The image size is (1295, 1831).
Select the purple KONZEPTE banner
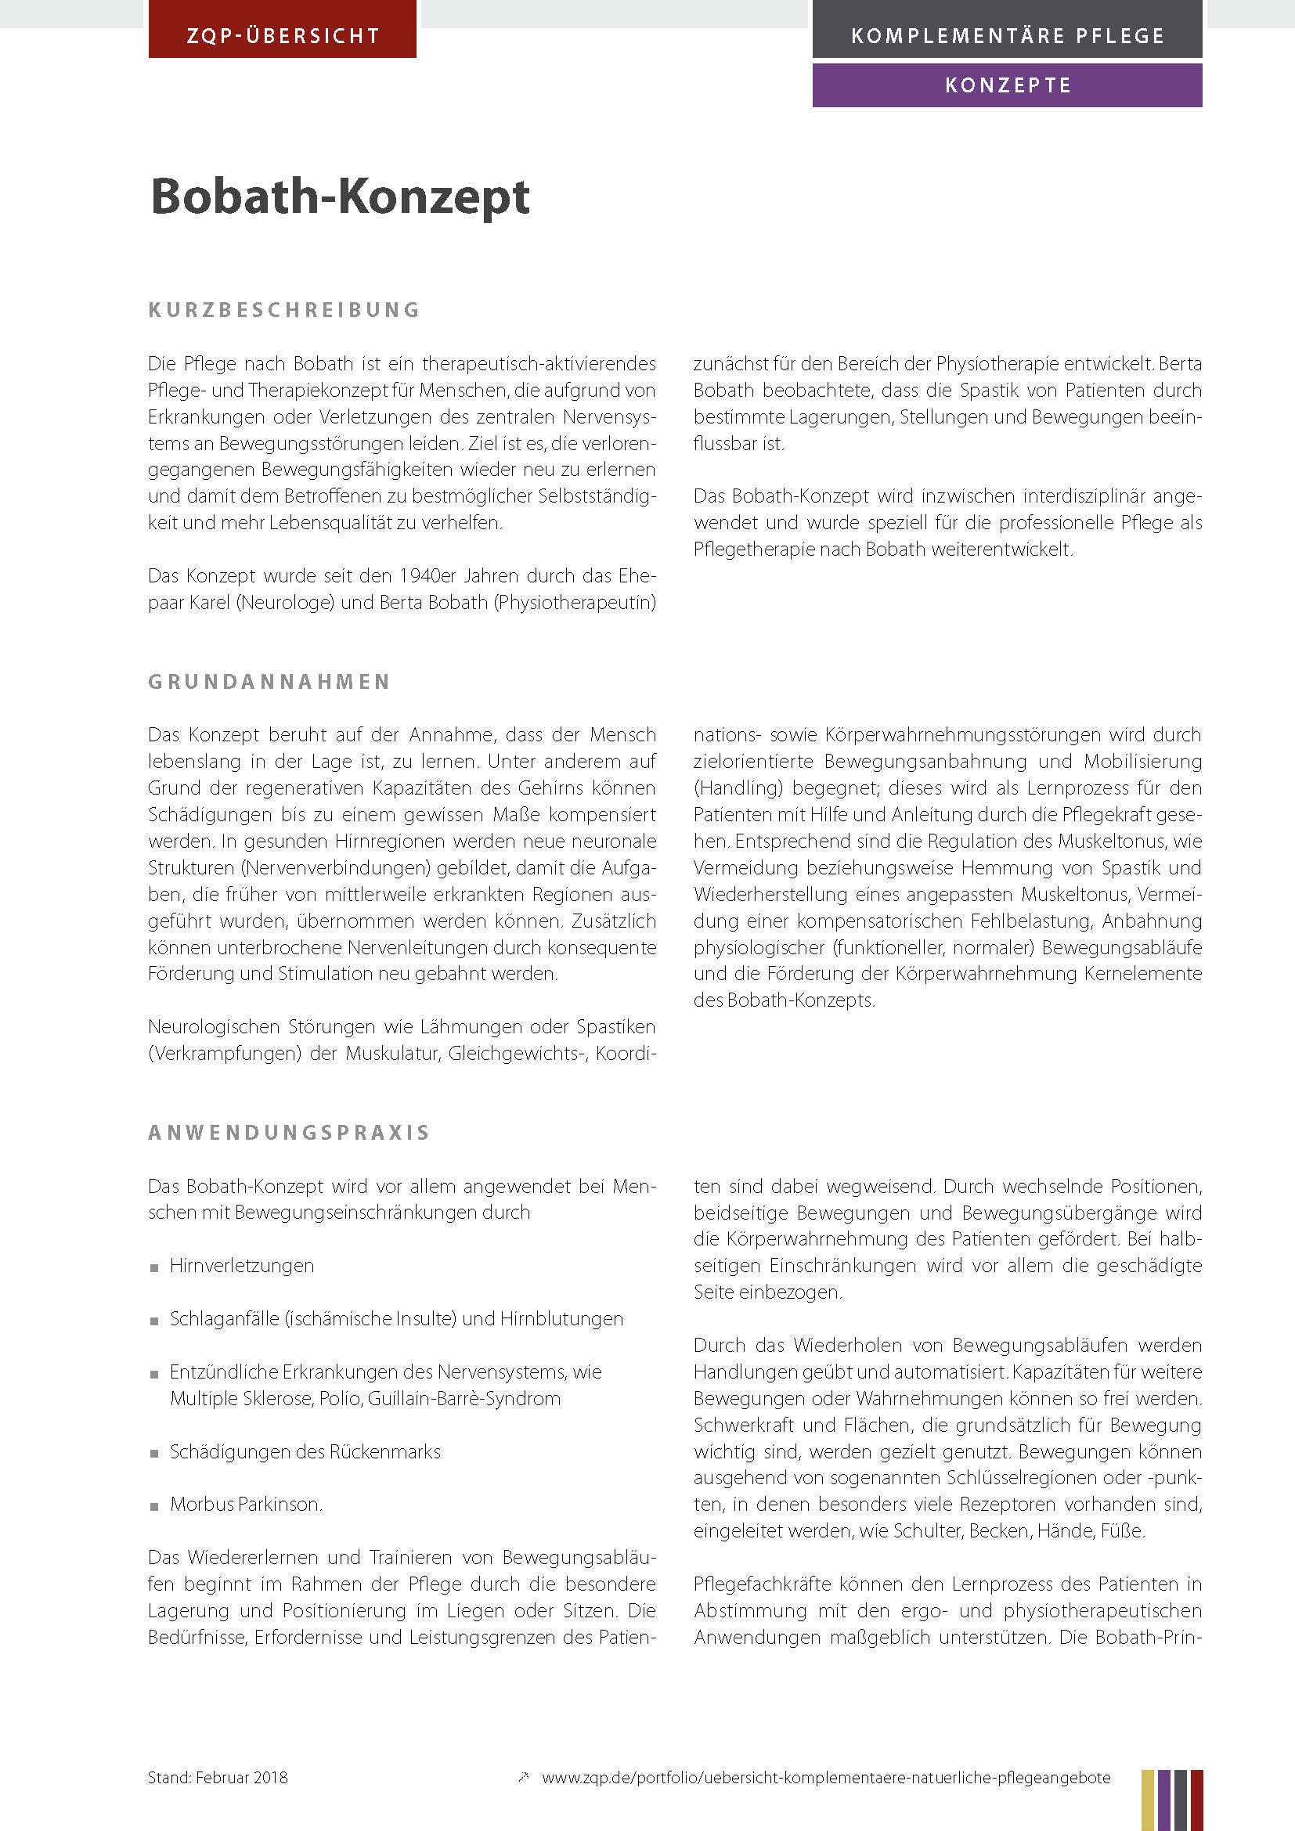(x=1007, y=85)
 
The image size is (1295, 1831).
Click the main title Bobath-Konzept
(x=340, y=196)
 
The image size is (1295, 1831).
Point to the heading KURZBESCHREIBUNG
(x=284, y=309)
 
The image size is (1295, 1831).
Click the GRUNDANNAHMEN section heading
(x=269, y=682)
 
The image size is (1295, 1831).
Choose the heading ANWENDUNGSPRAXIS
(x=289, y=1134)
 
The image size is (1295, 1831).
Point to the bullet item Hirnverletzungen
(x=242, y=1266)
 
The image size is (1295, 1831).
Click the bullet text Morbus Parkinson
(x=246, y=1505)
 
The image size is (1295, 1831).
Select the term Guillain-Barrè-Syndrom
(x=464, y=1398)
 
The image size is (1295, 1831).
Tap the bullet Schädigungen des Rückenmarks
(x=305, y=1451)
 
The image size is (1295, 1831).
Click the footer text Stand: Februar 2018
(x=218, y=1778)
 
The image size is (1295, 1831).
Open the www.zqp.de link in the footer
(x=825, y=1778)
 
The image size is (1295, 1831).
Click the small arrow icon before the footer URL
(x=523, y=1777)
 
